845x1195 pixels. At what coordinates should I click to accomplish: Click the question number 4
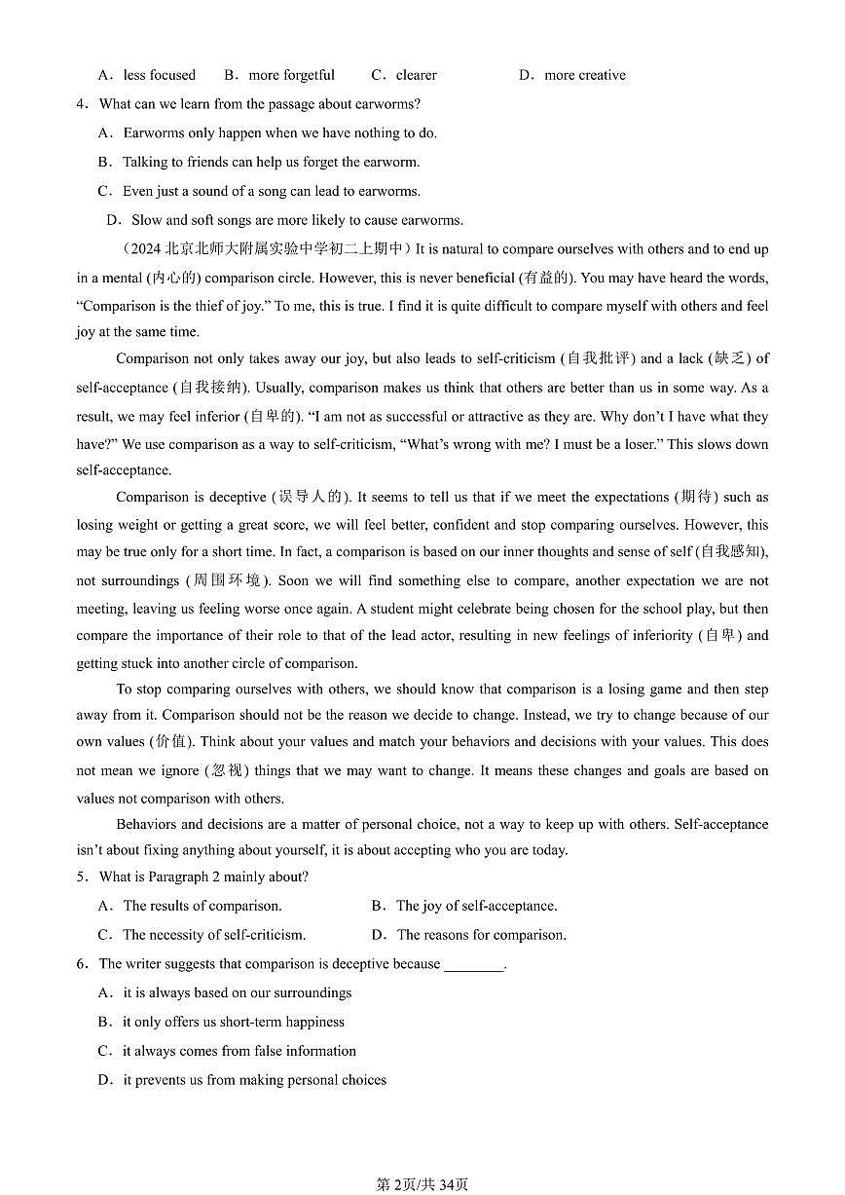(82, 104)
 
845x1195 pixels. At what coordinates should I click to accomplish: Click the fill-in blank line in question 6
(474, 965)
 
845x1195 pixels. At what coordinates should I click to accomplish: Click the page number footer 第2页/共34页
(422, 1184)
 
